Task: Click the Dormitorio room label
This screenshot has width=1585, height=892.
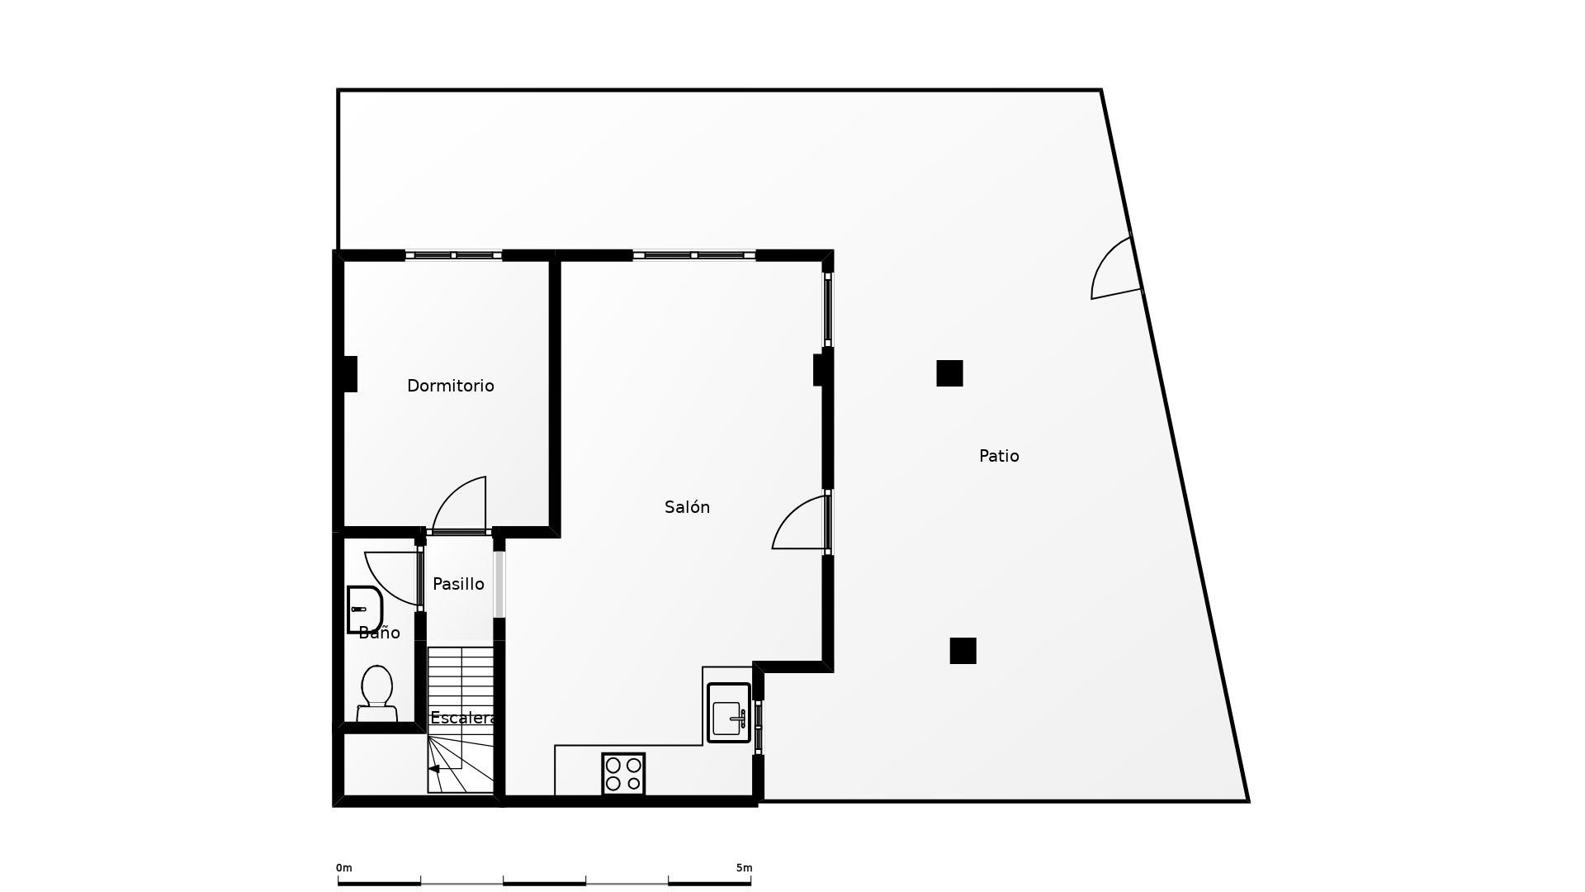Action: click(x=450, y=386)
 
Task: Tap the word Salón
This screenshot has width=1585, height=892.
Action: click(x=687, y=507)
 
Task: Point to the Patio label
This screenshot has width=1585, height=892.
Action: click(x=999, y=456)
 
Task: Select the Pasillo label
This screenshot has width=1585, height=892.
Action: click(x=458, y=584)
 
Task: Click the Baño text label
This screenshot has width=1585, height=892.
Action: click(x=379, y=633)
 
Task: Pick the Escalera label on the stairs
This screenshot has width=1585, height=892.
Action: click(x=462, y=718)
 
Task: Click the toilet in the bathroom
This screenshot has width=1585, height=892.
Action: click(x=376, y=691)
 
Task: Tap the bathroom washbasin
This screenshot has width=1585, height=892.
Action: click(x=363, y=610)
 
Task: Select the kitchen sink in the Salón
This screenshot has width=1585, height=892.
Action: click(x=729, y=713)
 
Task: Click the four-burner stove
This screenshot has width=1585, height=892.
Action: click(x=623, y=774)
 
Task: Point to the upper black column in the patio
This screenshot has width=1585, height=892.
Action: click(x=949, y=373)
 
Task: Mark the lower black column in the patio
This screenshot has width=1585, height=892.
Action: click(x=963, y=651)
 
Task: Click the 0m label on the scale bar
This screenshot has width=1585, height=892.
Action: click(x=343, y=868)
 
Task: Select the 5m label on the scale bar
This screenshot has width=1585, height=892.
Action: click(x=744, y=868)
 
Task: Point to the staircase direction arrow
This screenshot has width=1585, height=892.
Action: click(x=434, y=769)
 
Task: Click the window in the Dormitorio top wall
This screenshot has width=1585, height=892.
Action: click(x=453, y=255)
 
